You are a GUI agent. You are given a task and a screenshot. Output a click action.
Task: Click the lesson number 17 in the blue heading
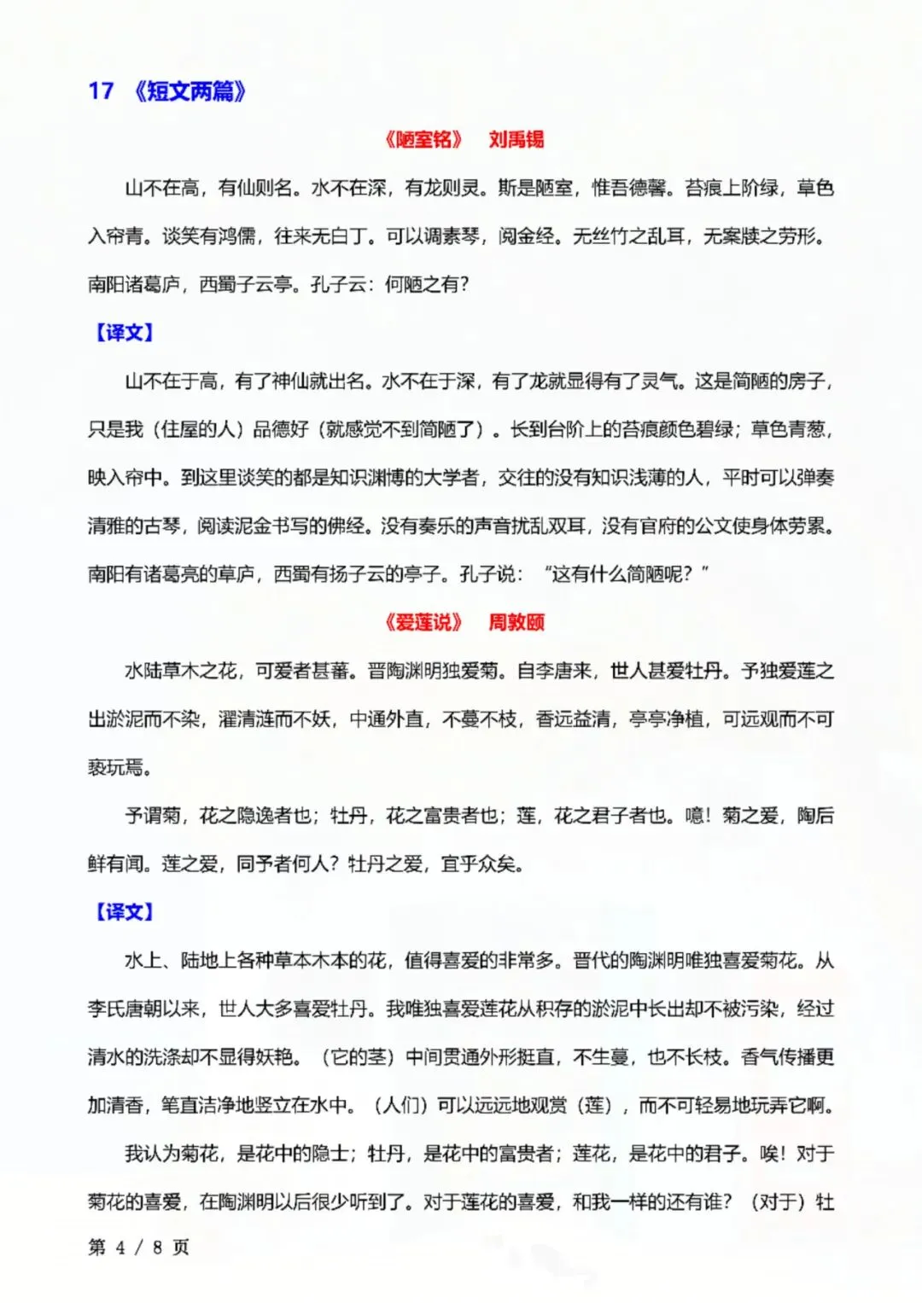coord(101,90)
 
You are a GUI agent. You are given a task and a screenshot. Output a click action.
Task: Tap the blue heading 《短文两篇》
coord(190,90)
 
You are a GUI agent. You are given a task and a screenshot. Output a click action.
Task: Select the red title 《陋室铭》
coord(423,140)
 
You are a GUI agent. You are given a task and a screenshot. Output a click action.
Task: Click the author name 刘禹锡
coord(516,140)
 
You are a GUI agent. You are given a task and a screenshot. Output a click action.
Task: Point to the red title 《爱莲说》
coord(423,623)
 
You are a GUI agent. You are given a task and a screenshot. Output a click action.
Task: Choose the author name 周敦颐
coord(516,623)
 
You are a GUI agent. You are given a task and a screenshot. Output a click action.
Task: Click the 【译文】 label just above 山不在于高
coord(124,333)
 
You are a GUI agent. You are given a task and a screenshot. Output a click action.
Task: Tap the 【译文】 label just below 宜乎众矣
coord(124,912)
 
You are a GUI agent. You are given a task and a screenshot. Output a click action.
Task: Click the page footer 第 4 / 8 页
coord(138,1248)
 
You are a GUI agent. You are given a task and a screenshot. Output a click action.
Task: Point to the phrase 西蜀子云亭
coord(245,285)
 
